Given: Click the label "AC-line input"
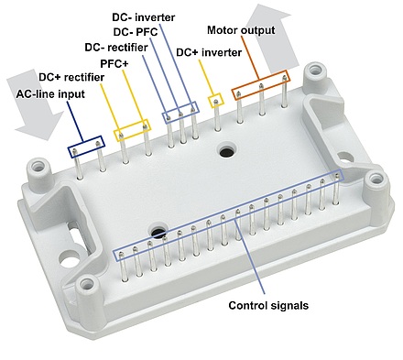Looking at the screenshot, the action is point(50,93).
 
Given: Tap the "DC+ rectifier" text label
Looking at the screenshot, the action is point(71,77).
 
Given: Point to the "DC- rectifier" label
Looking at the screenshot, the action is point(116,48).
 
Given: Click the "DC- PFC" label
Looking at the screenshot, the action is point(136,32).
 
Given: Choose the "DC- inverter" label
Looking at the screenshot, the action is point(144,17).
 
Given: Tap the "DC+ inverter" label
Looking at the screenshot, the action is point(209,52).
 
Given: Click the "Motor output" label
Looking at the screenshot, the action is point(241,30).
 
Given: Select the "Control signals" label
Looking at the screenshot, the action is point(268,305).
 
